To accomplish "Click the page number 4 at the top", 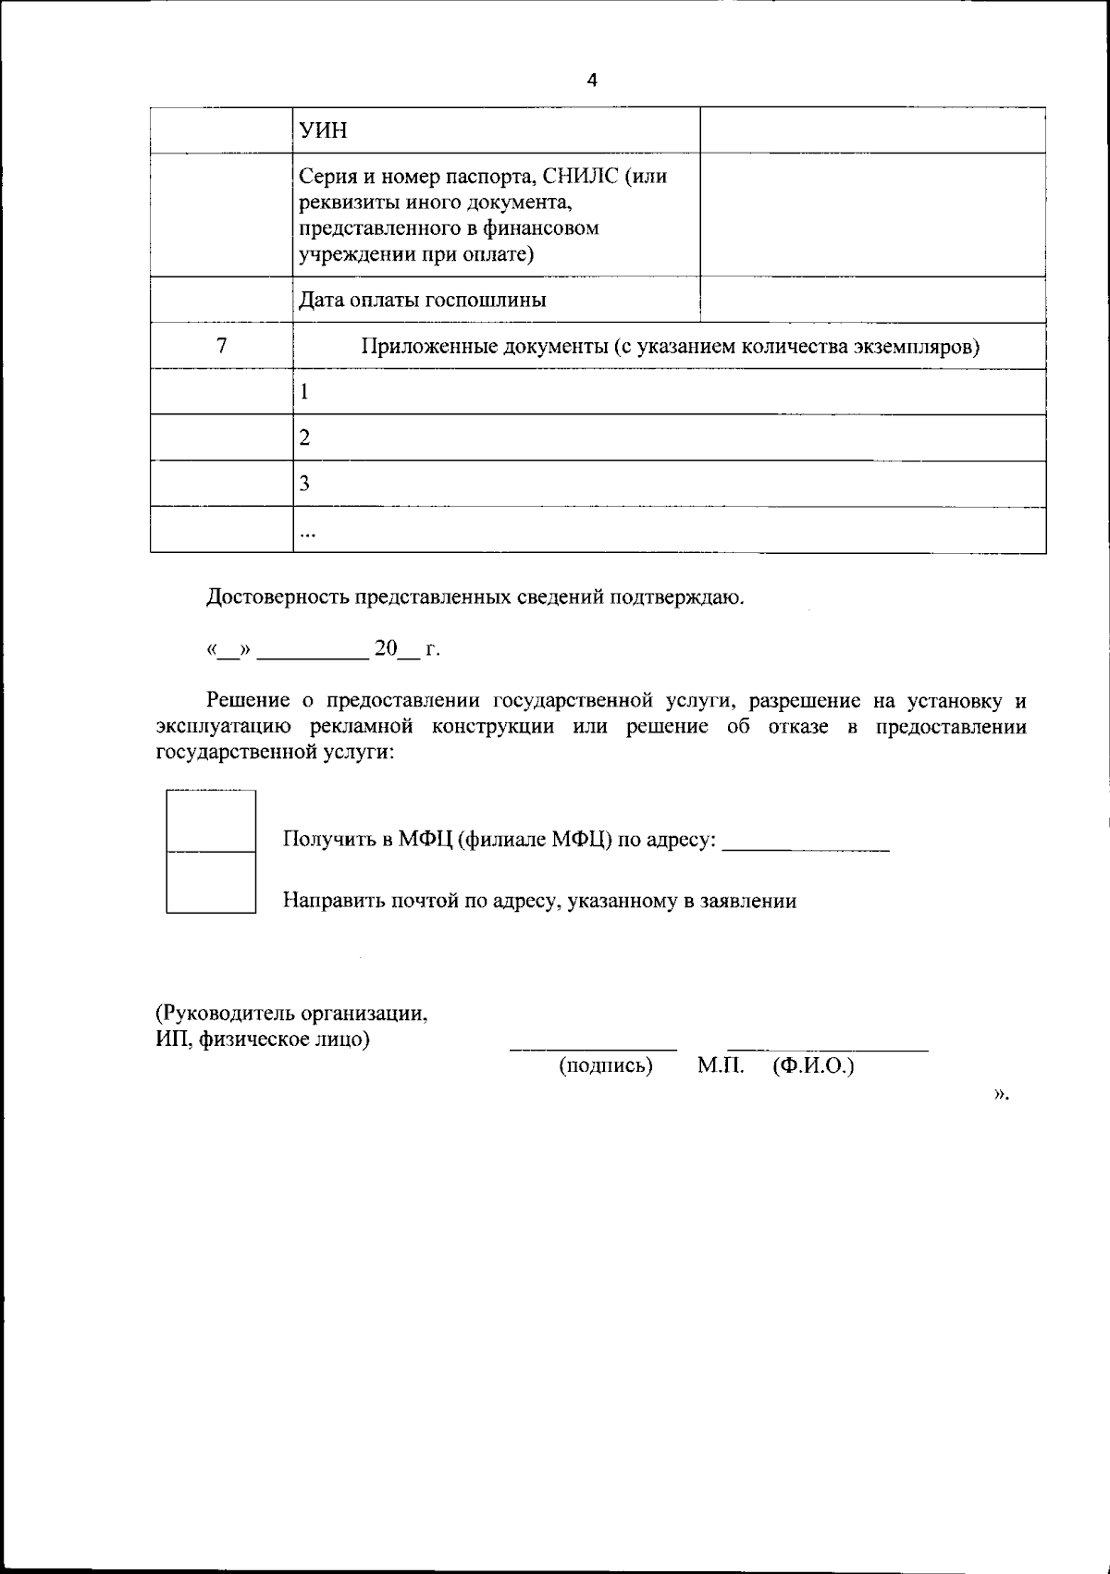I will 592,80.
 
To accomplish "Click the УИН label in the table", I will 323,130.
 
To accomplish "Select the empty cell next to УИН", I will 872,130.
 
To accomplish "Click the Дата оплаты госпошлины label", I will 422,300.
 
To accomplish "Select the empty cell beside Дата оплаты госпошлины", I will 872,300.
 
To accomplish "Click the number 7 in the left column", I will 221,346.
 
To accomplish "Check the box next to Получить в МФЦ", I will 211,821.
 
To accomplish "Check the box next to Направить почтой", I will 211,882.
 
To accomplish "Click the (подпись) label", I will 606,1066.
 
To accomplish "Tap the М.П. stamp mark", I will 721,1066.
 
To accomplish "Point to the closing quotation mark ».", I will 1001,1094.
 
